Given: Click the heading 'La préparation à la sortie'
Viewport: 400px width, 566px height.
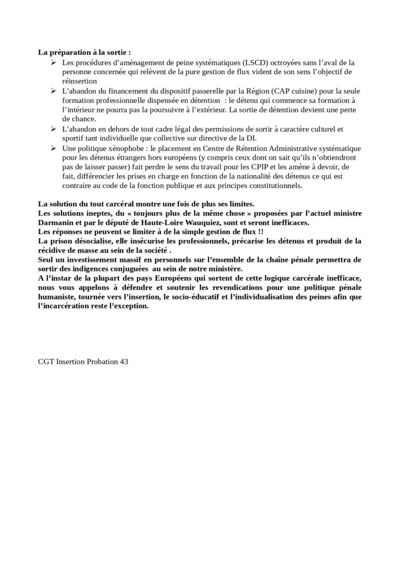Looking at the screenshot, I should pos(84,53).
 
